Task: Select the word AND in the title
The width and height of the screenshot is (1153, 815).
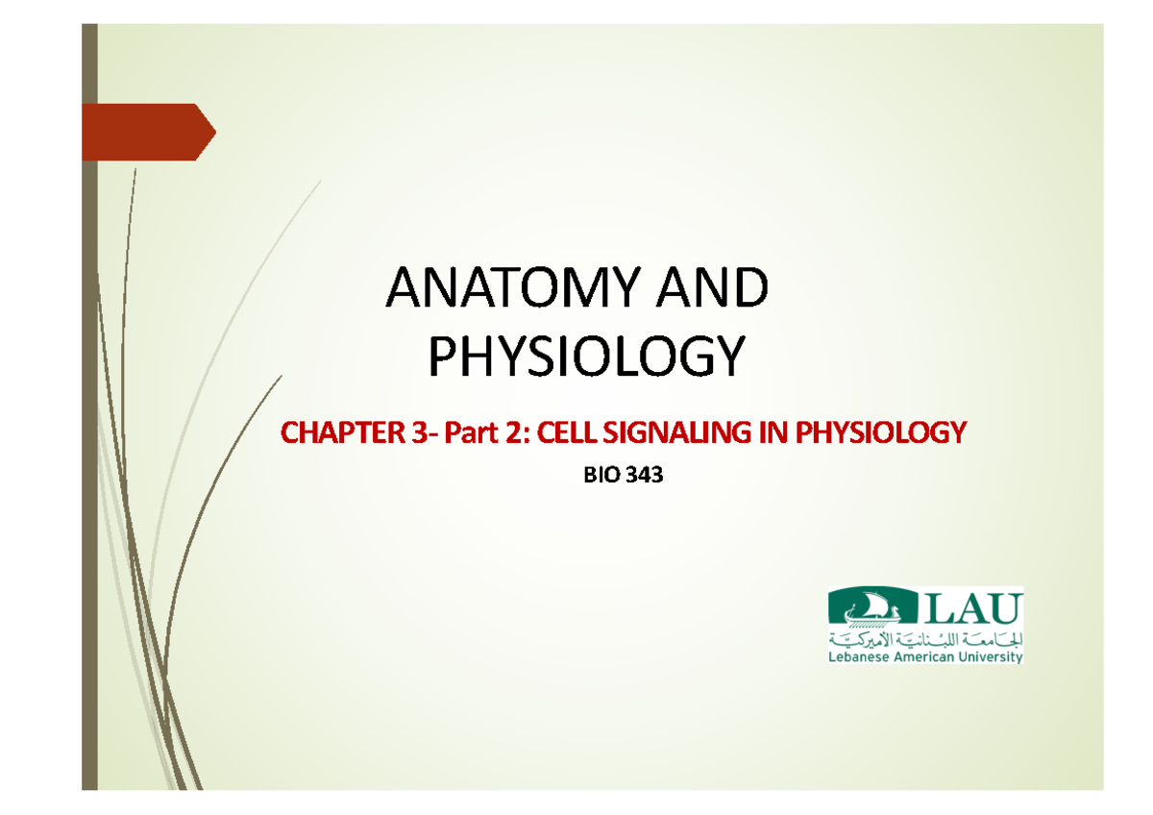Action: tap(717, 289)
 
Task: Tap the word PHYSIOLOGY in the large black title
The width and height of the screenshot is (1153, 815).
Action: tap(586, 358)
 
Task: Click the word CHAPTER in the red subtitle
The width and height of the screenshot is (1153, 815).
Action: tap(341, 434)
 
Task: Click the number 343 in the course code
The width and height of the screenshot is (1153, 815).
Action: tap(644, 476)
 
